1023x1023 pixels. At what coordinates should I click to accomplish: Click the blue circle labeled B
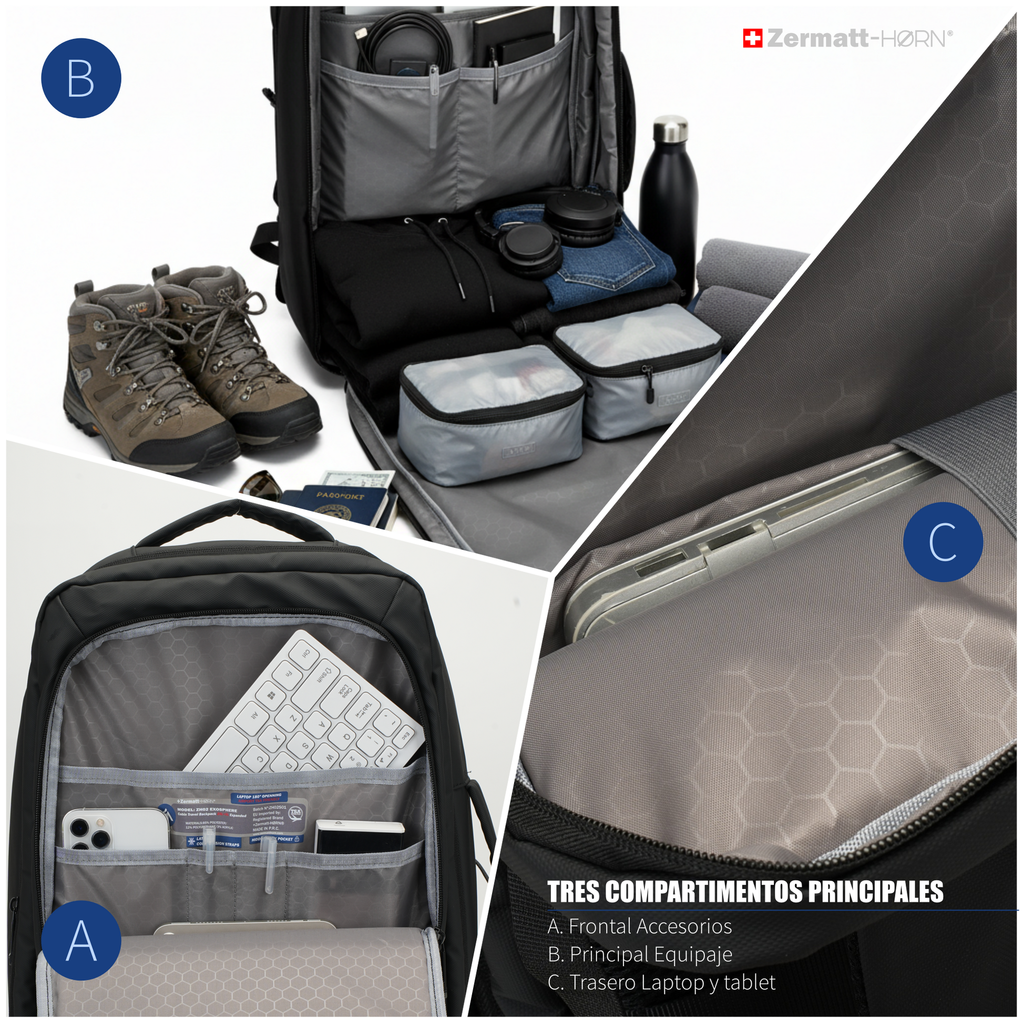[x=81, y=78]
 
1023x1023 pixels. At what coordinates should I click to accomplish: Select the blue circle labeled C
[x=943, y=541]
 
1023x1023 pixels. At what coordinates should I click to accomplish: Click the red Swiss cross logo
[x=752, y=38]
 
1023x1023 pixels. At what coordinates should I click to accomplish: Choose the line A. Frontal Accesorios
[x=640, y=926]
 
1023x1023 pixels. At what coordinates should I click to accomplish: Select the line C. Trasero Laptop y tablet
[x=661, y=983]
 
